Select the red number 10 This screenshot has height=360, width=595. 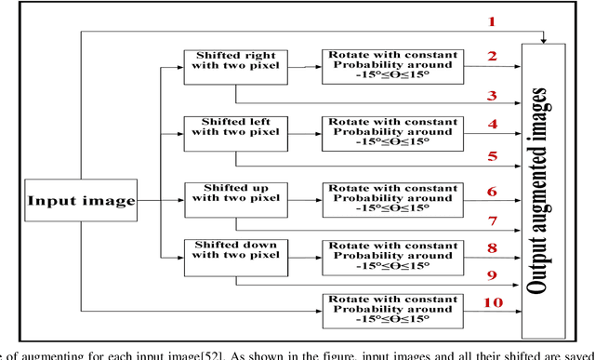click(494, 303)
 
